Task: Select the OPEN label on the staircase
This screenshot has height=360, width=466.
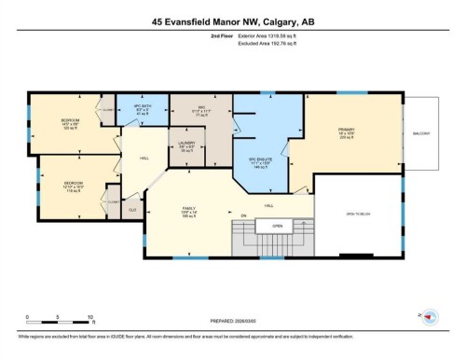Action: [x=277, y=227]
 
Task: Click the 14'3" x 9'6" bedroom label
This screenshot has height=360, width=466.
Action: [x=68, y=123]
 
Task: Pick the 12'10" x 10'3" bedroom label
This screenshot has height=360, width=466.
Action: [x=74, y=187]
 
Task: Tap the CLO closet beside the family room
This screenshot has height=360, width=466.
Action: [x=132, y=211]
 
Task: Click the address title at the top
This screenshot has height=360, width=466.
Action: [x=232, y=21]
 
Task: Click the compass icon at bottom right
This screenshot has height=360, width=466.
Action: [x=431, y=318]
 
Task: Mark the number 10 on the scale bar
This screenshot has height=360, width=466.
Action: [x=89, y=317]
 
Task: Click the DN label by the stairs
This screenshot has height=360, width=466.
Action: [x=244, y=216]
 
